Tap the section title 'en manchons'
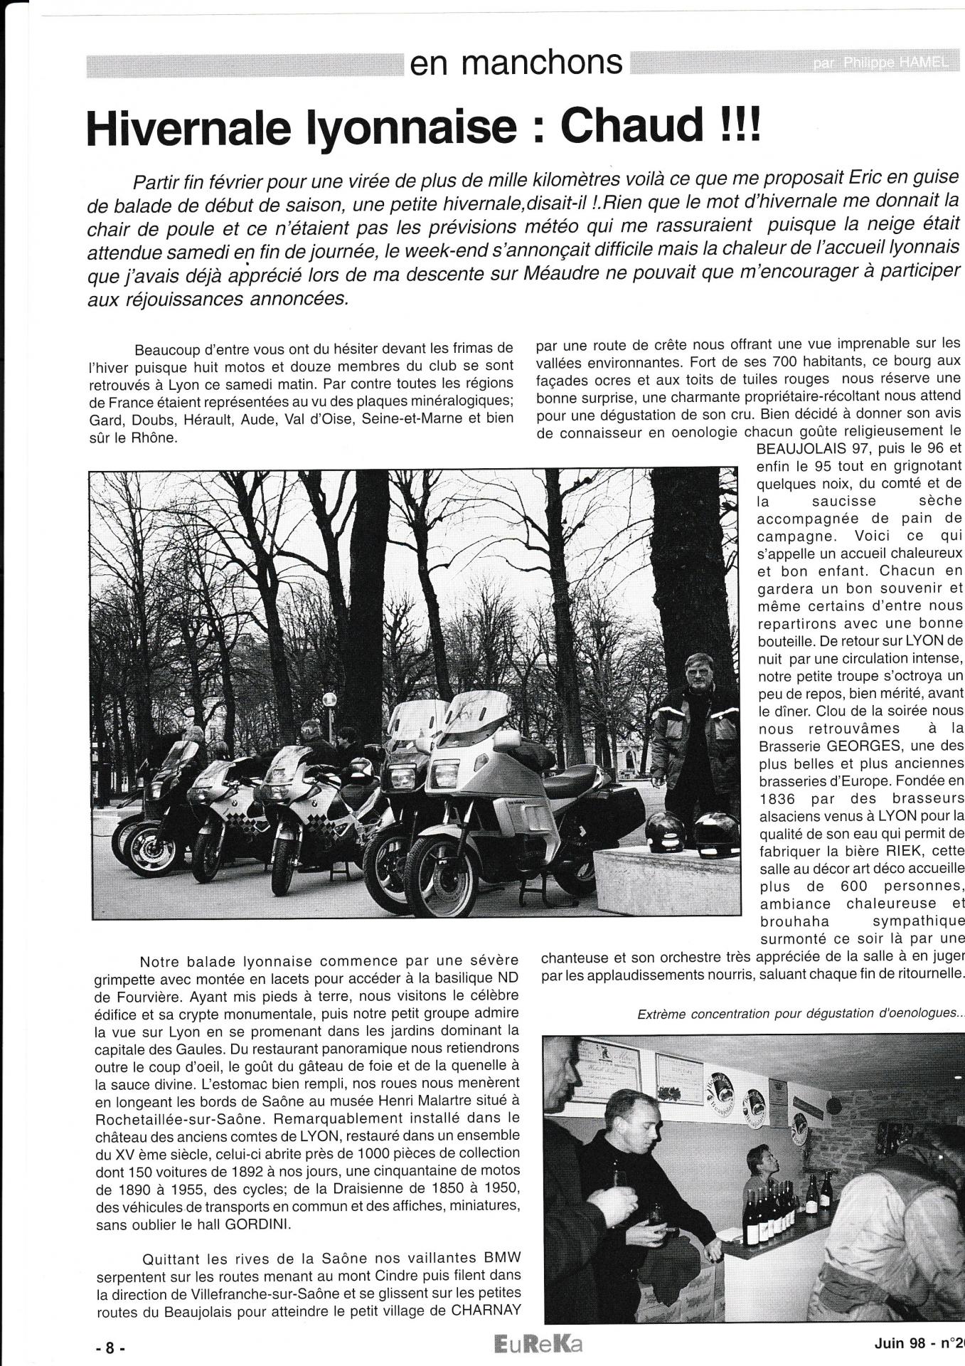(516, 63)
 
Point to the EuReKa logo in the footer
(531, 1345)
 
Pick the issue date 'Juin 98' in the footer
(900, 1344)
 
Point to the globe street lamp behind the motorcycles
(329, 700)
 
